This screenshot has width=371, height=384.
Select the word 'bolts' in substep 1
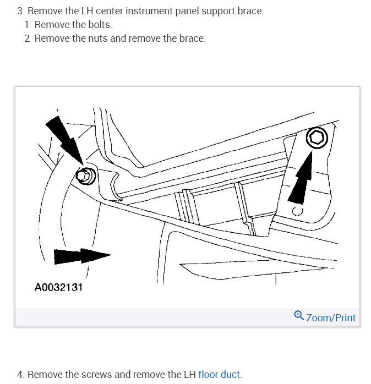(100, 25)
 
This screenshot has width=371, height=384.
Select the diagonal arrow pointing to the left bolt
(64, 141)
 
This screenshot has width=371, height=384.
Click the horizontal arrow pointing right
(83, 255)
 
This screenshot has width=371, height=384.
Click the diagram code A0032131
(58, 287)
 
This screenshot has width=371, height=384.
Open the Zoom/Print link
(330, 317)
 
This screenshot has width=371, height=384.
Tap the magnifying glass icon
(299, 316)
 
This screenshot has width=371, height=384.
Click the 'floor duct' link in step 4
(219, 375)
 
